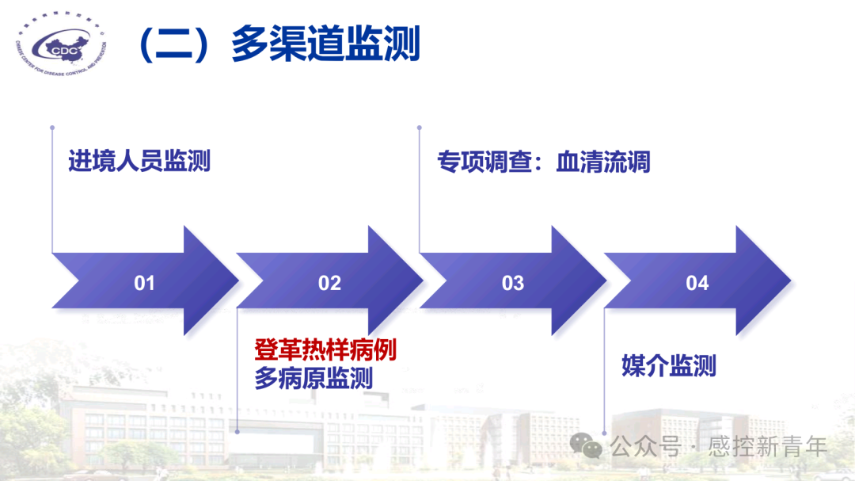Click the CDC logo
coord(62,48)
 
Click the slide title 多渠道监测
coord(325,44)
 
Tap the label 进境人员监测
coord(139,162)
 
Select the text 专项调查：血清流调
coord(544,162)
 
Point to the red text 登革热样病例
coord(325,349)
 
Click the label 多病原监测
coord(313,378)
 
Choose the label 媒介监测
coord(669,366)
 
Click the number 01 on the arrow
coord(144,283)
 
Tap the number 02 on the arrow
coord(329,283)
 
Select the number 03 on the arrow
coord(513,283)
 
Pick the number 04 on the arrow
coord(697,283)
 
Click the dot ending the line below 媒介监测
coord(605,433)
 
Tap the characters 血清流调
coord(603,162)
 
